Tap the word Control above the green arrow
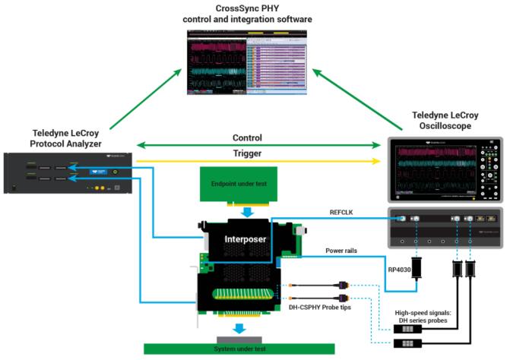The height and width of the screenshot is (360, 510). [248, 138]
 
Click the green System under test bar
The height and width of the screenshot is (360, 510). [239, 349]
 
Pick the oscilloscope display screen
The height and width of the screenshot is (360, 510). [430, 170]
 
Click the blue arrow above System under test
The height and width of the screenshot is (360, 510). [239, 329]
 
